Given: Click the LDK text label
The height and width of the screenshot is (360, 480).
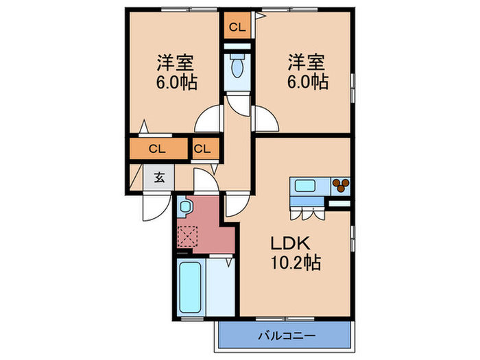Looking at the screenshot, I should tap(295, 244).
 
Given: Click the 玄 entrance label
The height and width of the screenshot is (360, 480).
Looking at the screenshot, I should tap(158, 178).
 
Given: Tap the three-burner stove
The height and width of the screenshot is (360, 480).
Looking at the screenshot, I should tap(340, 184).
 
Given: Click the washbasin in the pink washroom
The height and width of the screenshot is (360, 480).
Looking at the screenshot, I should tap(184, 206).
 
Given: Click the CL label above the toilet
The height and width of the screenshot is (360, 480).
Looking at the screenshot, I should tap(237, 27).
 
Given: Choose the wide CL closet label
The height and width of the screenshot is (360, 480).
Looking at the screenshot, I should tap(156, 148).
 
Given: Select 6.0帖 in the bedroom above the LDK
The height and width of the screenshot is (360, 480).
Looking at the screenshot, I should tap(307, 82).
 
